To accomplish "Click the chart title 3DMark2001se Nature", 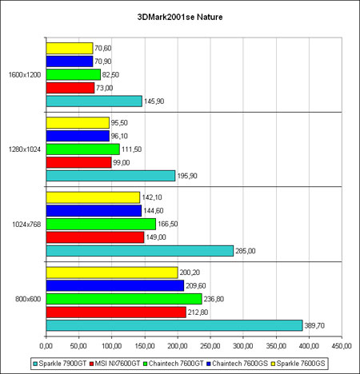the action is point(180,17).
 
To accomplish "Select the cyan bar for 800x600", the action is point(174,325).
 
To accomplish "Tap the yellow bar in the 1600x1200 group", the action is point(70,48).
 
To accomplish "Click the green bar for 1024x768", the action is point(101,224).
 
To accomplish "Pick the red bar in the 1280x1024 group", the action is point(79,162).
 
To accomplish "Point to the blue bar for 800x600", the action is point(115,285).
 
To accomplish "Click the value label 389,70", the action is point(314,325).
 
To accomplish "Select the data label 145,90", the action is point(154,101).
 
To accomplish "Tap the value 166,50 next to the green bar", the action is point(167,224).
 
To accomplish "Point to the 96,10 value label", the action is point(119,136).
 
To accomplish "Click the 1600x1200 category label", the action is point(25,74).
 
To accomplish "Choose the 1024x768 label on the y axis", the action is point(26,225).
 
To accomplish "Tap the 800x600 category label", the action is point(28,299).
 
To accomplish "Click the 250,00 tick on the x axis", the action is point(210,346).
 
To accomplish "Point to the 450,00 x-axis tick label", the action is point(342,346).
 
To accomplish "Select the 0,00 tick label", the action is point(46,346).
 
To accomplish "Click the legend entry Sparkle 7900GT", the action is point(60,364).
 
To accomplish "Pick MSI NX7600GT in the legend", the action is point(115,364).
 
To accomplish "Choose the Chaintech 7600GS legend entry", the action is point(238,364).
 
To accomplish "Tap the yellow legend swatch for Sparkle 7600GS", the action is point(273,364).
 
